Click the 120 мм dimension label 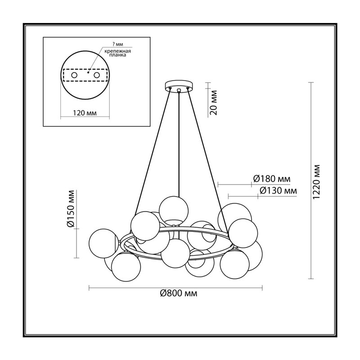click(x=85, y=113)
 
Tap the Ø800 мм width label click(x=179, y=293)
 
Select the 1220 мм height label click(x=317, y=182)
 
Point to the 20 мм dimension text click(x=213, y=103)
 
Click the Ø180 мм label click(x=272, y=179)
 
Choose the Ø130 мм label click(x=278, y=190)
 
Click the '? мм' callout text click(x=118, y=44)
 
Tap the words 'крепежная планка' click(x=117, y=53)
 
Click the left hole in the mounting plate click(x=74, y=75)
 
